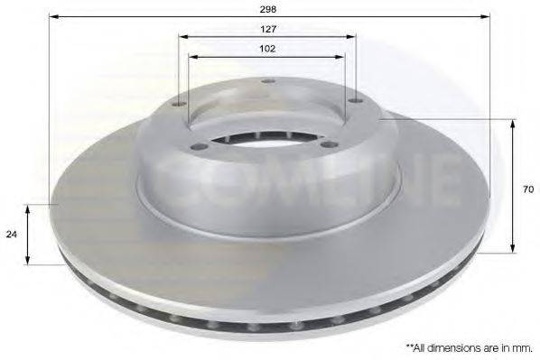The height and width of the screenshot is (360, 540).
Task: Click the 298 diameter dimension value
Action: [x=268, y=8]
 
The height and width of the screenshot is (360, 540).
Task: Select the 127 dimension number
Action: [x=268, y=29]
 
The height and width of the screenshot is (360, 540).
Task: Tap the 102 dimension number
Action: [x=267, y=49]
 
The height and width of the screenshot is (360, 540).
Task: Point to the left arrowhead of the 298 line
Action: [x=51, y=17]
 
